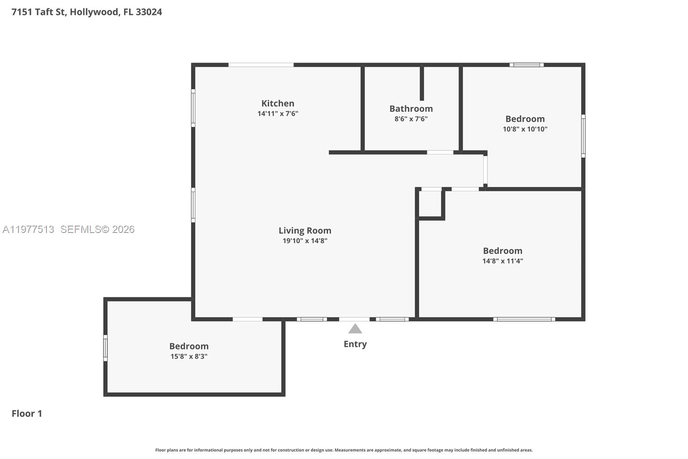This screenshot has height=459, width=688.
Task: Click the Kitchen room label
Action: [x=278, y=103]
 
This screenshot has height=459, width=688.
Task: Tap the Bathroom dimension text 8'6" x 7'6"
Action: [x=411, y=119]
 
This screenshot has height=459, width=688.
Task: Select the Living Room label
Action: [x=304, y=230]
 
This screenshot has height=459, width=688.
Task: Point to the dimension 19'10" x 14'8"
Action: [x=304, y=241]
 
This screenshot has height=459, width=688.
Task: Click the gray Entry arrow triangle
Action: [x=355, y=329]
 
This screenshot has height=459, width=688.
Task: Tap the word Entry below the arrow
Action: [x=355, y=344]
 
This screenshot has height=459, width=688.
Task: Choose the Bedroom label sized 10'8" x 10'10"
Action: [x=525, y=119]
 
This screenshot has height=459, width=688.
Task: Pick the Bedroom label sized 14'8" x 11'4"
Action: [x=502, y=251]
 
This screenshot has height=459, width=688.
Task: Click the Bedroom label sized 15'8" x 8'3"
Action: [x=189, y=346]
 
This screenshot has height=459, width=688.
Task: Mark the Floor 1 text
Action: [x=27, y=413]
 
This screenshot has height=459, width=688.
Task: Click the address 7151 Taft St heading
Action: [x=86, y=12]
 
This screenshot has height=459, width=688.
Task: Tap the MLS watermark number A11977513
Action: [x=28, y=229]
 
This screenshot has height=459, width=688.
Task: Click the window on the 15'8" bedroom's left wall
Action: [x=105, y=348]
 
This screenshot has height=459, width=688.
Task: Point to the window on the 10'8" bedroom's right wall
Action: [x=583, y=136]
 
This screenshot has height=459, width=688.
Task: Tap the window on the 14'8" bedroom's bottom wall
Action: [x=524, y=319]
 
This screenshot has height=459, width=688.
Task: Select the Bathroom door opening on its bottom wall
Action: [x=440, y=152]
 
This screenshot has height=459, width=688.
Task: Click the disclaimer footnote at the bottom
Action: [x=344, y=450]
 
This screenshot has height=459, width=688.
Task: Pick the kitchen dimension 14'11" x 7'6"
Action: [x=278, y=114]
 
